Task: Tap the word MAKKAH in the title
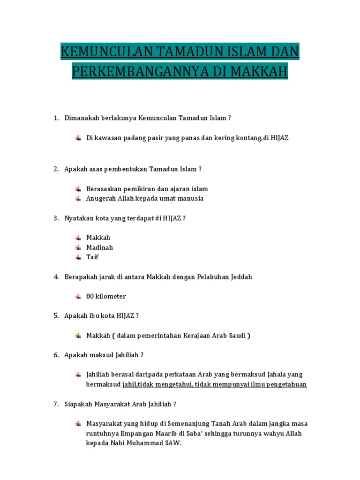click(264, 72)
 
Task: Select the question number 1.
click(55, 119)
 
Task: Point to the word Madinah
click(99, 247)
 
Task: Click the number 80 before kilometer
click(90, 296)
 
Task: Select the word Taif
click(92, 257)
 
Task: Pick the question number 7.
click(55, 404)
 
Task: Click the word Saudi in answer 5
click(238, 336)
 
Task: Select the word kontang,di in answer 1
click(247, 138)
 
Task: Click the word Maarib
click(174, 433)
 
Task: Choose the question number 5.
click(55, 316)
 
